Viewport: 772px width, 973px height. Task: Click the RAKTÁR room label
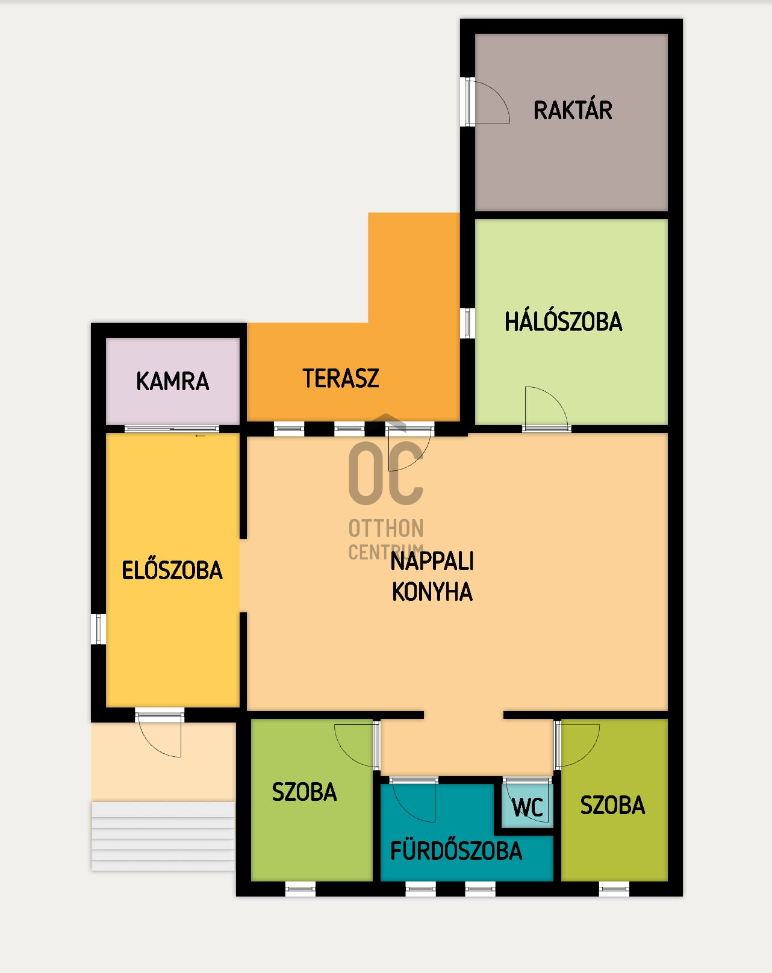(573, 111)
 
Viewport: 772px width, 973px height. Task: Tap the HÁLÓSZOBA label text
(563, 322)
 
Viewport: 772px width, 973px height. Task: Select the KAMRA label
(173, 381)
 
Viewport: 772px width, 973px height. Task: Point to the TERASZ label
(341, 379)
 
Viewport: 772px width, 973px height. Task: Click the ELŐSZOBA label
(172, 570)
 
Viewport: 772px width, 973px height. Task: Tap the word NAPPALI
(432, 561)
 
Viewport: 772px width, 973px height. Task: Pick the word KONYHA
(432, 592)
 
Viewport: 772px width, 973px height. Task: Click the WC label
(528, 807)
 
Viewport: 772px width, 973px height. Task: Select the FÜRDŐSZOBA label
(456, 851)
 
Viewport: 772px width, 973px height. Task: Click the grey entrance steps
(163, 836)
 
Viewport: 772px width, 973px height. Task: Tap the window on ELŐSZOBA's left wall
(99, 629)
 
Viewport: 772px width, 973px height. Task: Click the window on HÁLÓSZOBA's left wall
(468, 323)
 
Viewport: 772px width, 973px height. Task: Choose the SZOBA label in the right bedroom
(612, 805)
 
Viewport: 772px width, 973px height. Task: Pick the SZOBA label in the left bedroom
(304, 792)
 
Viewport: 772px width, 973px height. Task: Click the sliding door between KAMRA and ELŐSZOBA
(172, 429)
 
